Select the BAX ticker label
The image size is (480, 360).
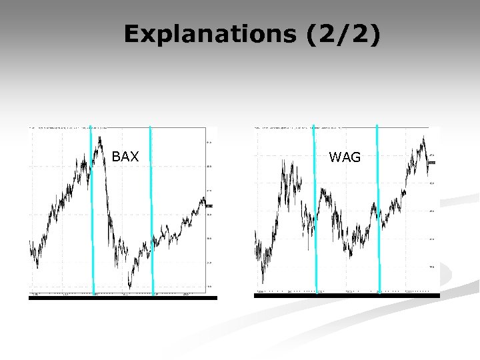click(125, 157)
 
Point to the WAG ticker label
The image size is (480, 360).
click(345, 157)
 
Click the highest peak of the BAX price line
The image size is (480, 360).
click(99, 137)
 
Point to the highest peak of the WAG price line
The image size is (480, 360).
click(423, 137)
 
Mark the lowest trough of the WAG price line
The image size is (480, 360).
click(263, 281)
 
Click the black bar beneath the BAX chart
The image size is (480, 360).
click(123, 298)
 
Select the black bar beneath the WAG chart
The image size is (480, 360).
click(347, 296)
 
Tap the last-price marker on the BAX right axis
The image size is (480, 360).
click(209, 206)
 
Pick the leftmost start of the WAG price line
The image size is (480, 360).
click(255, 233)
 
